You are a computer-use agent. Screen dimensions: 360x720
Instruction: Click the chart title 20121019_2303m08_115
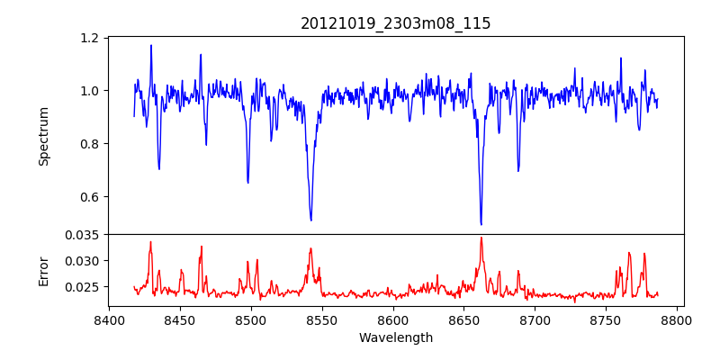(x=396, y=23)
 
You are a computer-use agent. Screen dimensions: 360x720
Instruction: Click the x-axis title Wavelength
(x=396, y=338)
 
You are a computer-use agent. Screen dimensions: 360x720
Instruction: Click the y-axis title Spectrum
(x=43, y=136)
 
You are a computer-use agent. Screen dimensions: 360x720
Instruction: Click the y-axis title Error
(x=43, y=270)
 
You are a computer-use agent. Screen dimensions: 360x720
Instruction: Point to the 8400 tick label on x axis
(x=109, y=319)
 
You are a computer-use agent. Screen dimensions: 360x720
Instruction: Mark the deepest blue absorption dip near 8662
(x=481, y=224)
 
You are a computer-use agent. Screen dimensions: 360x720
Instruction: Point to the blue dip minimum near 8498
(x=247, y=183)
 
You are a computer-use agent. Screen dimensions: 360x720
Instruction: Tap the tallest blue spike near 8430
(x=151, y=45)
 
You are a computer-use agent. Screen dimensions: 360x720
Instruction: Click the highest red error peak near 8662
(x=481, y=238)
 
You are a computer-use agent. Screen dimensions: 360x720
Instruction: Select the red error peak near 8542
(x=310, y=249)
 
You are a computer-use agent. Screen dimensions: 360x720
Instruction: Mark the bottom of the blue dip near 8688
(x=518, y=171)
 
